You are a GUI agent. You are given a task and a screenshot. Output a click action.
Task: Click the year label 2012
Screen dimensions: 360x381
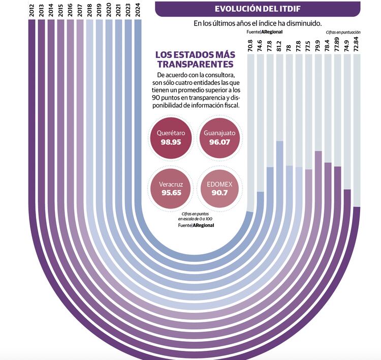coord(31,11)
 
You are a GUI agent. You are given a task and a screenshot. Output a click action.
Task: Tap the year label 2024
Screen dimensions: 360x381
coord(137,11)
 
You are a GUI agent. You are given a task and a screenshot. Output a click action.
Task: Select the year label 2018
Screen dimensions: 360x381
coord(89,11)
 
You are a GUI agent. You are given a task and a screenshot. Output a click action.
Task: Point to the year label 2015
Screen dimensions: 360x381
coord(60,11)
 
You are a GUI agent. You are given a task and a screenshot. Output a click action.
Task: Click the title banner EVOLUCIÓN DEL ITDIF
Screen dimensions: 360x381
coord(258,9)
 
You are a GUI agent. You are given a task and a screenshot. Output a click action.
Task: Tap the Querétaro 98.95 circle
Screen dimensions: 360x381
coord(171,137)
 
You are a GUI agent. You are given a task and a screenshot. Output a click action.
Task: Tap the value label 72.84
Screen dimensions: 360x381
coord(357,43)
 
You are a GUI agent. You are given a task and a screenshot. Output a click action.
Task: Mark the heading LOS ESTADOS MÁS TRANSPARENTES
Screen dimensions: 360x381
coord(195,59)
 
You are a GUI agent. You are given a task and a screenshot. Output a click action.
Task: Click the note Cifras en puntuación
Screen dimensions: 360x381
coord(343,32)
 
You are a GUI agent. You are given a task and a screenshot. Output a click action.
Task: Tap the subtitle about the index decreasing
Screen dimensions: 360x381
coord(258,23)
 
